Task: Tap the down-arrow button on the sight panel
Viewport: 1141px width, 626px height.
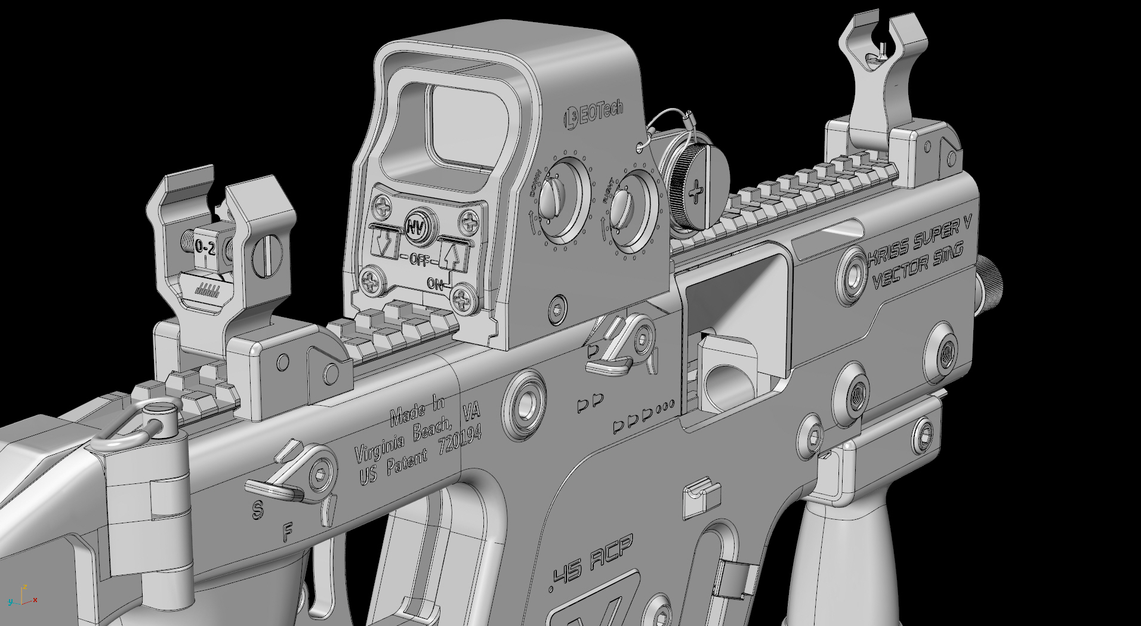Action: click(x=384, y=242)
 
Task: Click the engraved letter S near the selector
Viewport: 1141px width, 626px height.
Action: click(x=257, y=510)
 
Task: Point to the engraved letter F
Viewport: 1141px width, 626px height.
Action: click(x=288, y=531)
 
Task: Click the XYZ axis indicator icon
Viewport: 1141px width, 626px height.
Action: click(x=23, y=596)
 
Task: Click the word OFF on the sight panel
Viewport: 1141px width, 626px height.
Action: click(x=419, y=261)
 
